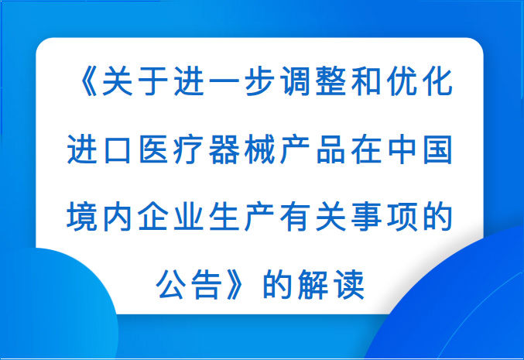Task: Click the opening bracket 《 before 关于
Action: [88, 81]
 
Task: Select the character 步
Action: [259, 81]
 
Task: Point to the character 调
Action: [296, 81]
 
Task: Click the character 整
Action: [330, 81]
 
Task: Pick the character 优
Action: [402, 81]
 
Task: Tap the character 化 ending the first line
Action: [438, 81]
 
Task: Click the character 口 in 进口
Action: [118, 149]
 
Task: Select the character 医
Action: [153, 149]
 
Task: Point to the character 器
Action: [224, 149]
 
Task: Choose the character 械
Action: [259, 149]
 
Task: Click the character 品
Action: [330, 149]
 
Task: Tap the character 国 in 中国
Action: [438, 149]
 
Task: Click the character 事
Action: [367, 218]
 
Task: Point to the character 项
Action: [402, 218]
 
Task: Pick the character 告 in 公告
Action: [207, 285]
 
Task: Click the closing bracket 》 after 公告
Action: [235, 285]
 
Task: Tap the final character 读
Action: [349, 285]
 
